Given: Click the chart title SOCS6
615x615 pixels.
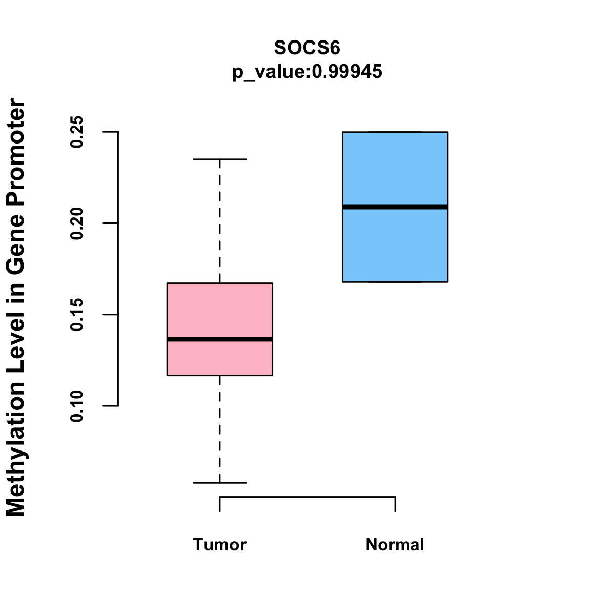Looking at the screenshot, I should coord(307,48).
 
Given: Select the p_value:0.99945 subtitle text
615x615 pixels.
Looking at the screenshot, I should coord(307,72).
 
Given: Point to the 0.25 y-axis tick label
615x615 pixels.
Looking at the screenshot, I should coord(77,132).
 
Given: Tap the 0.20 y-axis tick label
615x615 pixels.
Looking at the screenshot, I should coord(77,223).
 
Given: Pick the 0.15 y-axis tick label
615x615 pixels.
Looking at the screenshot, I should coord(77,315).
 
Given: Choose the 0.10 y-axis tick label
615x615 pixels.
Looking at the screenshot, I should coord(77,406).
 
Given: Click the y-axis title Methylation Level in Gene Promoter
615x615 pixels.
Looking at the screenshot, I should coord(16,307).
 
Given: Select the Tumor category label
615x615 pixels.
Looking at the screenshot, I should coord(219,545).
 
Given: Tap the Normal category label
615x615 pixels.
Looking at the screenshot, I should coord(395,545).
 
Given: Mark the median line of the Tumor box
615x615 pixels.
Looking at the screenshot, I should coord(219,339).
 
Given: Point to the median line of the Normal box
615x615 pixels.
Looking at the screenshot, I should coord(395,207).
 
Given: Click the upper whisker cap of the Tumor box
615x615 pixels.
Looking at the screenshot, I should coord(219,159).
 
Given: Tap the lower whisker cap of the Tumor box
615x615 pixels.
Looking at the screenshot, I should coord(219,483).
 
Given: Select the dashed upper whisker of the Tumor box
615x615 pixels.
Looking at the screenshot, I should coord(219,220).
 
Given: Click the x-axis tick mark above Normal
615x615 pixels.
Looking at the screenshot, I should coord(395,504).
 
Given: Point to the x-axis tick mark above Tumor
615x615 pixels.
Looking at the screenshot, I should coord(220,504).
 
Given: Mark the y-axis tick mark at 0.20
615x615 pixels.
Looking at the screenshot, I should coord(111,223).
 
